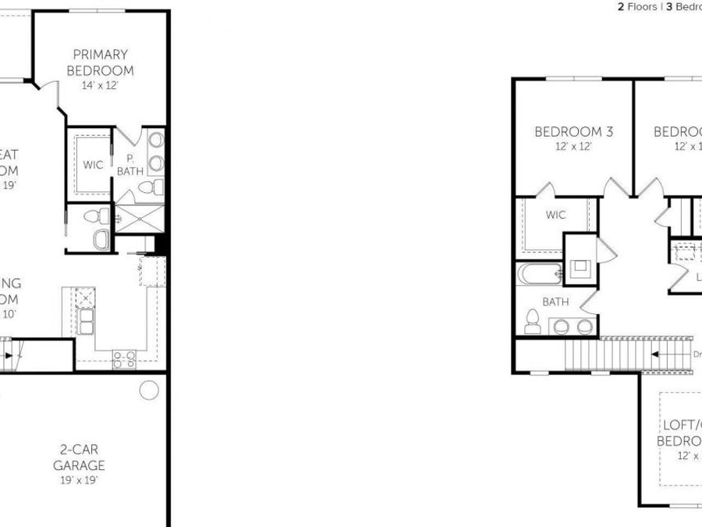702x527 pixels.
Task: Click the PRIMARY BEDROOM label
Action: click(x=101, y=62)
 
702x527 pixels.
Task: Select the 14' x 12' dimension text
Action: click(x=100, y=85)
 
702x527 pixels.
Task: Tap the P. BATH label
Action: click(x=125, y=165)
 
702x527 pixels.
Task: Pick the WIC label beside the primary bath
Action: click(x=93, y=165)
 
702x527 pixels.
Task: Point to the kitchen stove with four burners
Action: click(x=125, y=358)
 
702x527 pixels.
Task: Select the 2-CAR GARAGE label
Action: click(x=79, y=458)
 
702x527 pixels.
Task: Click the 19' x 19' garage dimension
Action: click(x=79, y=480)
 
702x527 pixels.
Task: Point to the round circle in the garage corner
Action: click(x=149, y=389)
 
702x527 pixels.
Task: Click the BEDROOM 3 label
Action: click(x=573, y=132)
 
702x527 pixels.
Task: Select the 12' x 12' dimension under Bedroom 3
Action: click(x=573, y=147)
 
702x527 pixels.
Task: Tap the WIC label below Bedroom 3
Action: click(x=555, y=215)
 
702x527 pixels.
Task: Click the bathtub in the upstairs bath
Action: click(x=539, y=274)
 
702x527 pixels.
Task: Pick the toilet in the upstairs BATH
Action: click(x=534, y=321)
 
